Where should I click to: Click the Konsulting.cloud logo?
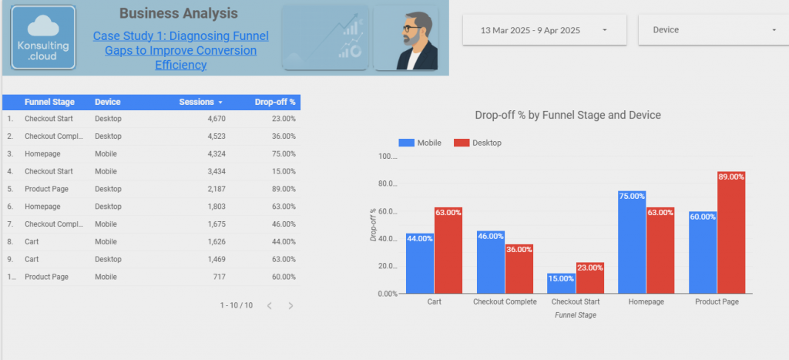click(43, 38)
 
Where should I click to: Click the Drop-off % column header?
click(275, 102)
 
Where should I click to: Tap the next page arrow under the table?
click(290, 306)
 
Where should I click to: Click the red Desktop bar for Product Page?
click(730, 231)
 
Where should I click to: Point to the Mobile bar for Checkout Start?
click(562, 283)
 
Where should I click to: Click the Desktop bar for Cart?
click(448, 251)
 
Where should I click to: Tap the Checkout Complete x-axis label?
click(505, 302)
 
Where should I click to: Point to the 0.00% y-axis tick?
click(388, 294)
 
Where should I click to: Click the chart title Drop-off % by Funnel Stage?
click(568, 115)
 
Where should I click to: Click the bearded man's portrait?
click(406, 38)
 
